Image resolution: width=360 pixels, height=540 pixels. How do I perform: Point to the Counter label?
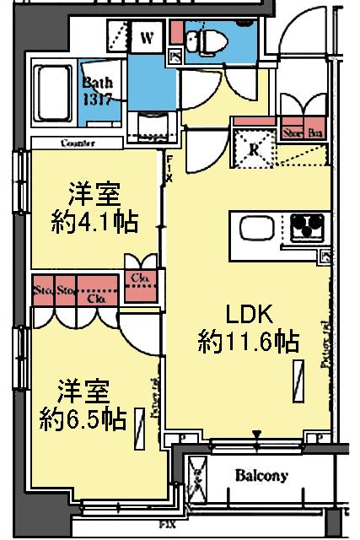pyautogui.click(x=77, y=143)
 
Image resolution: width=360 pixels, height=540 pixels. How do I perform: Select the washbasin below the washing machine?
pyautogui.click(x=151, y=127)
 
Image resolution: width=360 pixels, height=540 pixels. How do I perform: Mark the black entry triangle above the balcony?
pyautogui.click(x=256, y=435)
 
